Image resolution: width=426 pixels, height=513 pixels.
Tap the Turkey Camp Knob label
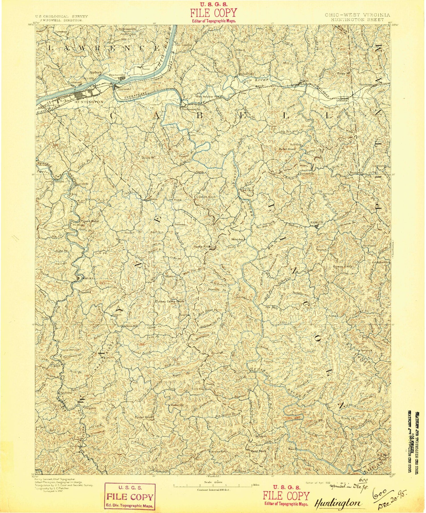[x=170, y=301]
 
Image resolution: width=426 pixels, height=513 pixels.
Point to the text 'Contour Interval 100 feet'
[x=214, y=490]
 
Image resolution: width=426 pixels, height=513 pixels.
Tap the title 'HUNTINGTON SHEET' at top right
[x=357, y=20]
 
